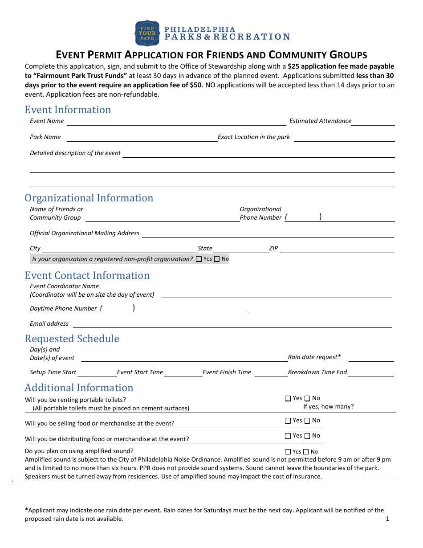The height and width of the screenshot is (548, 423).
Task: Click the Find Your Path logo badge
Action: (x=147, y=33)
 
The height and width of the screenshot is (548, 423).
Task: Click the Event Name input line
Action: (x=176, y=122)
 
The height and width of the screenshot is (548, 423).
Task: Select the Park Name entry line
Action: (x=142, y=138)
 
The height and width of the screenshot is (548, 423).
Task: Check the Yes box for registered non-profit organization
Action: (x=199, y=259)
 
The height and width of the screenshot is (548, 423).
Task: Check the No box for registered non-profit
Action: (x=217, y=259)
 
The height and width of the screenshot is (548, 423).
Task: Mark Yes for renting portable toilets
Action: (x=288, y=398)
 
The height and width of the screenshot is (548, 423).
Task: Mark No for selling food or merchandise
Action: (x=307, y=421)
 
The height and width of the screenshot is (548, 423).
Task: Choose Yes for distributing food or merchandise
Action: (x=288, y=436)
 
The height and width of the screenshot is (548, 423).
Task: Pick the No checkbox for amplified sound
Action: (x=306, y=452)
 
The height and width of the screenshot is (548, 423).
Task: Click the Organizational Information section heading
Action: (x=89, y=198)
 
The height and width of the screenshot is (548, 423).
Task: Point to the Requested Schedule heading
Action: (x=72, y=339)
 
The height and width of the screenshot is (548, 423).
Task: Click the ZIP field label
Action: (x=273, y=248)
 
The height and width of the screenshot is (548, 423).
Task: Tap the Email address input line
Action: (x=232, y=325)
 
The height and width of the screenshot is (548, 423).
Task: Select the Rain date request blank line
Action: (x=371, y=358)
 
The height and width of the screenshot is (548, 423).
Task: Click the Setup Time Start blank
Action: (x=97, y=373)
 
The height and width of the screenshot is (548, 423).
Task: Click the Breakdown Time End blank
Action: (x=370, y=373)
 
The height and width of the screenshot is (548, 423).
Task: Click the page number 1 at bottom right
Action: (x=387, y=519)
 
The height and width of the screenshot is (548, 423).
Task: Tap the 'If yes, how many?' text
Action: (x=329, y=406)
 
